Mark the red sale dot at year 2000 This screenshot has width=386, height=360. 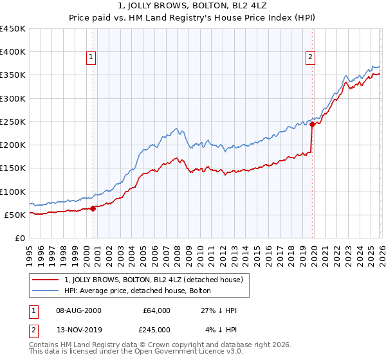[93, 208]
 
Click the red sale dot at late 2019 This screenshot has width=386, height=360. [312, 125]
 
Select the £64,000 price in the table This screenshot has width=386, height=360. [157, 310]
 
